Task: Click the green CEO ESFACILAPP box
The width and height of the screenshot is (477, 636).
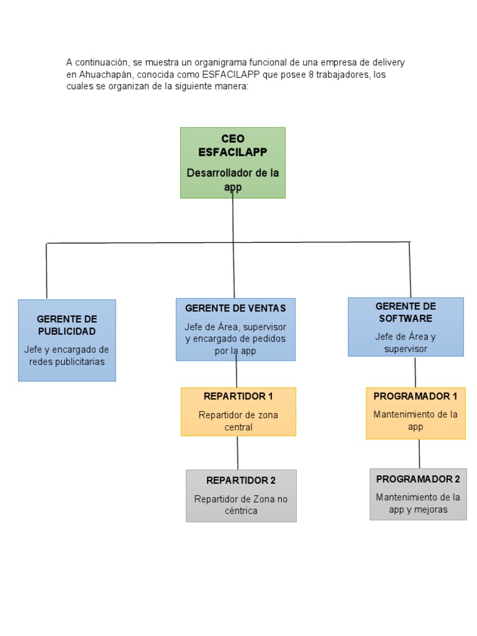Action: coord(233,163)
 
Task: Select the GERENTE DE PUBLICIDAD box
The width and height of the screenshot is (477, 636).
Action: coord(67,340)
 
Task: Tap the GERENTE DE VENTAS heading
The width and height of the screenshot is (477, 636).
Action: coord(235,309)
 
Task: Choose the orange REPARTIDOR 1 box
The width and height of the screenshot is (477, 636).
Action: coord(238,412)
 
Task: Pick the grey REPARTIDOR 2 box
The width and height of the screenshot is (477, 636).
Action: coord(241,496)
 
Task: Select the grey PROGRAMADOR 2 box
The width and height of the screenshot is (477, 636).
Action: coord(418,494)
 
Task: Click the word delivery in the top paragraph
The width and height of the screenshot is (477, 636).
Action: coord(388,63)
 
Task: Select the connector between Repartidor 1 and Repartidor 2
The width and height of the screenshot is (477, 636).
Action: coord(237,453)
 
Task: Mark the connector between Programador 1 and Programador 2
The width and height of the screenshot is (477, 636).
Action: coord(419,454)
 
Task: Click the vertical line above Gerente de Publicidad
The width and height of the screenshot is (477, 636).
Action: coord(47,271)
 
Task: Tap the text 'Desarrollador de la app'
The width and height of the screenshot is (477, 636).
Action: coord(233,179)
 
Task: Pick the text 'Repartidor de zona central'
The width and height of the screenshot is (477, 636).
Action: coord(238,421)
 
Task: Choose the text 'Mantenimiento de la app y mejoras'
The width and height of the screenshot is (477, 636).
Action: coord(418,504)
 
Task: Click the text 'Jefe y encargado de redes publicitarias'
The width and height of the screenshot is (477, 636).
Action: coord(67,355)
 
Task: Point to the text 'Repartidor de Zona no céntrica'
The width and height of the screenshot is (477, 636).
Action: coord(241,505)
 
